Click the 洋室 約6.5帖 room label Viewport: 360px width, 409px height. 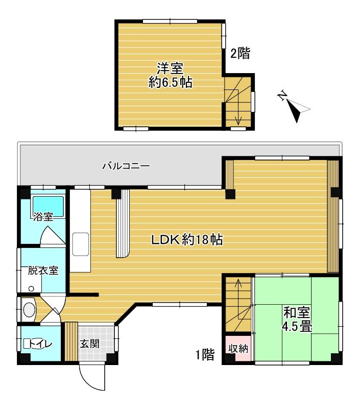171,75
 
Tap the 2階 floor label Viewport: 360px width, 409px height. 240,53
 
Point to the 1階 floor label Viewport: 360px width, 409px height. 205,354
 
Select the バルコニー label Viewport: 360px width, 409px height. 126,166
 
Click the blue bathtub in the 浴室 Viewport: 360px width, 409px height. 48,206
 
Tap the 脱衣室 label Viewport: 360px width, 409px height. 43,270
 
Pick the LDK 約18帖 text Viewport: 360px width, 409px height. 187,239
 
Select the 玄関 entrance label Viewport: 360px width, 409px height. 89,344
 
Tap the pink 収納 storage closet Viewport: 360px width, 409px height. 238,348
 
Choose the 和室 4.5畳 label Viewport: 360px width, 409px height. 297,319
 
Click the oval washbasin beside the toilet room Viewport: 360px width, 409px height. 29,310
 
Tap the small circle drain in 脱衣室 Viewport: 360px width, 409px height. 31,288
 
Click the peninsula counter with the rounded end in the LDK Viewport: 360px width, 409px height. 123,224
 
